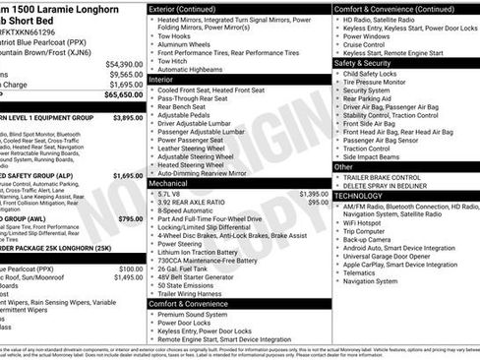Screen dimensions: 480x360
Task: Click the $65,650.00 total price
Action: pyautogui.click(x=119, y=96)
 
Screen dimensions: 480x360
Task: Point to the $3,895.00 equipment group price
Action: pyautogui.click(x=127, y=117)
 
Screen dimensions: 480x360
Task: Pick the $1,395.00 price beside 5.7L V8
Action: pyautogui.click(x=314, y=194)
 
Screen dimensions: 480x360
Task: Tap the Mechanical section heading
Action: pyautogui.click(x=170, y=183)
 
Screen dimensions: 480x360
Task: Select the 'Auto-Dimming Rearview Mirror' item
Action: pyautogui.click(x=213, y=173)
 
